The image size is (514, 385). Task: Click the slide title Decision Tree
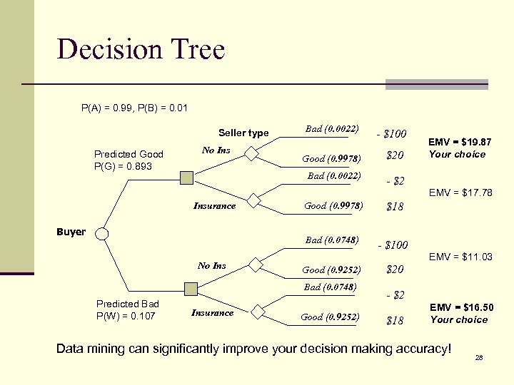141,49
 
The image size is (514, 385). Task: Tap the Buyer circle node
103,234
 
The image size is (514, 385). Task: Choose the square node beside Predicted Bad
191,289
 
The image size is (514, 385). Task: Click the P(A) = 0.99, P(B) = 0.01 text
134,108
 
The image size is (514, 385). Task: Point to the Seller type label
243,133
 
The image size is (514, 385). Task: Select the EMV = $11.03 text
460,257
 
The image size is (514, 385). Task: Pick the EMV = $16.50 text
460,307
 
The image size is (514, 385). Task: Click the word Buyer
71,232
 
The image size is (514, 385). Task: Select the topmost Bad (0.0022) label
331,129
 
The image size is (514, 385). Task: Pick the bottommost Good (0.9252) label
331,317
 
